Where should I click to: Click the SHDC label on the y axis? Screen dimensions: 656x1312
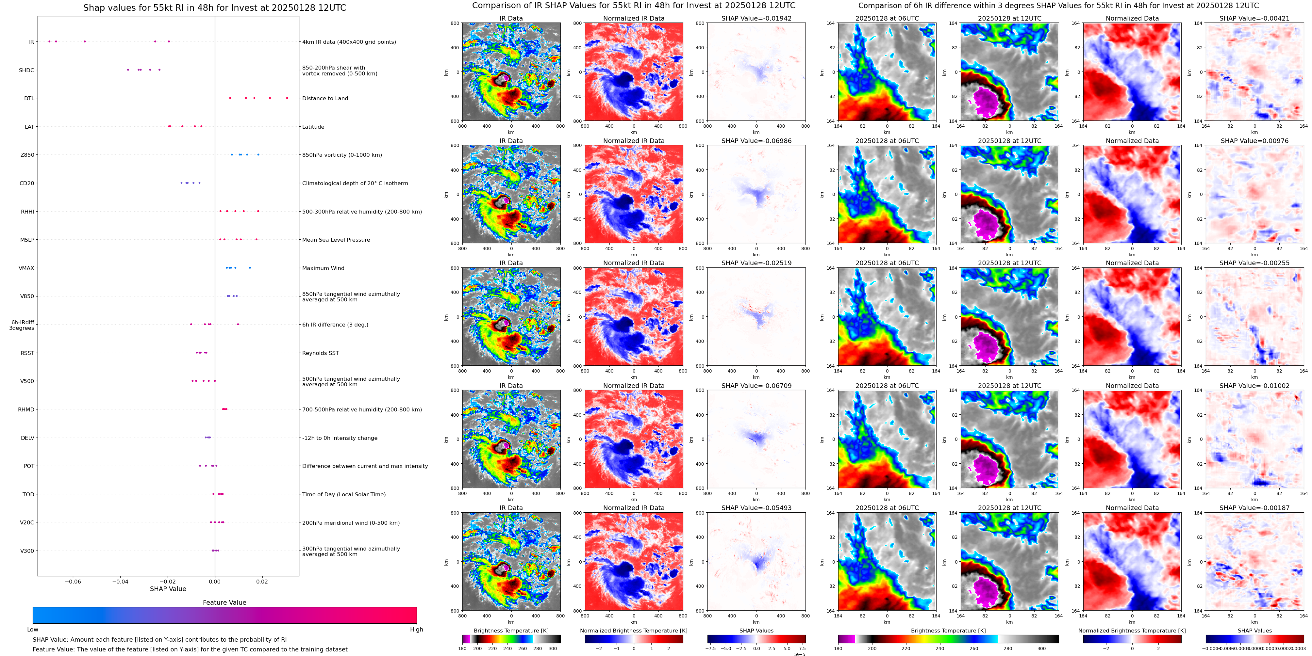coord(26,70)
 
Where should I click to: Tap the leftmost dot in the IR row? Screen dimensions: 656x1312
coord(49,41)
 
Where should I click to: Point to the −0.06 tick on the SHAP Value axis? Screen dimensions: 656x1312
coord(73,581)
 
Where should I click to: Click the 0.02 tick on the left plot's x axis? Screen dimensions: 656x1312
coord(262,581)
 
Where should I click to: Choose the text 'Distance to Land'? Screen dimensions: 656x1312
coord(325,99)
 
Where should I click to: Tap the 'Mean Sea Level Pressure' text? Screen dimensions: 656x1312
coord(336,240)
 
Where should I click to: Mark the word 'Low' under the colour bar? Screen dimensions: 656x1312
coord(33,630)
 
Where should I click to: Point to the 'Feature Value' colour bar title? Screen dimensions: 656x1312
coord(224,602)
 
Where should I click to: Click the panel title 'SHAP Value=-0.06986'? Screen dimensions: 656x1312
coord(756,141)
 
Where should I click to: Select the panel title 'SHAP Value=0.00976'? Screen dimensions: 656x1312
coord(1254,141)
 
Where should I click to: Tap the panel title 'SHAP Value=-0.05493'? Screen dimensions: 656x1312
coord(756,508)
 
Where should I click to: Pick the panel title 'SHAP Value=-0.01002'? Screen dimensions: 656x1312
coord(1254,386)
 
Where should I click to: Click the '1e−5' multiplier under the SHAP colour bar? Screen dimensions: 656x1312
coord(799,654)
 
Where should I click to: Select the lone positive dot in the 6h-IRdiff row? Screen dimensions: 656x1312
coord(238,324)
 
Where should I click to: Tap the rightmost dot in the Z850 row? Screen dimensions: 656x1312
coord(258,154)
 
